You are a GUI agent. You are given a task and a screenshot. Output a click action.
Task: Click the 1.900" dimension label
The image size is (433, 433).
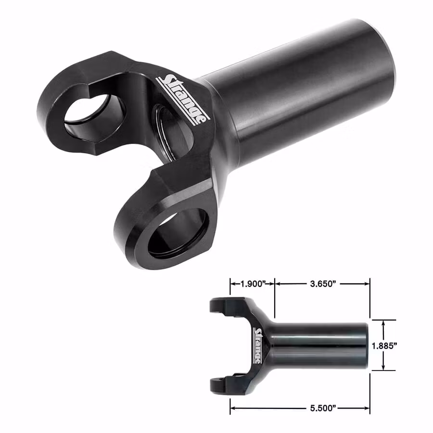pos(253,283)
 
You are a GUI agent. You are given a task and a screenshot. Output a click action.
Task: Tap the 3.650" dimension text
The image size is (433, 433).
pos(323,283)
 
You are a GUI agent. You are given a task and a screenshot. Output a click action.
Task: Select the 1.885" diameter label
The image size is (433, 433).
pos(384,345)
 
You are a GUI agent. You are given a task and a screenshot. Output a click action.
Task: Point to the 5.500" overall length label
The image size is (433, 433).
pos(323,408)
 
